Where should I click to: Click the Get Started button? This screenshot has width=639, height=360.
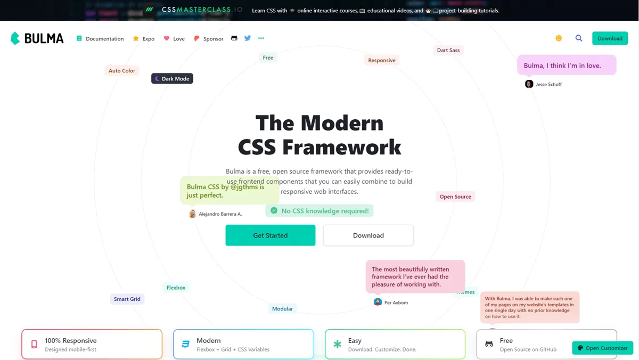pos(270,235)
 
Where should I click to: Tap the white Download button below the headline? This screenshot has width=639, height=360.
pos(368,235)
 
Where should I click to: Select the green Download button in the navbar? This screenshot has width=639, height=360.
pos(610,38)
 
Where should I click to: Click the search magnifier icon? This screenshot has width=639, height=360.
pos(578,38)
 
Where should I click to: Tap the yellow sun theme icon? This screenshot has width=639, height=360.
pos(559,38)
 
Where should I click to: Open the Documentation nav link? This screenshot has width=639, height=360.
pos(100,38)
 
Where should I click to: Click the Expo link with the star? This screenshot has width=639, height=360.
pos(144,38)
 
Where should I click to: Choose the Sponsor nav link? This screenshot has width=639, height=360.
pos(209,38)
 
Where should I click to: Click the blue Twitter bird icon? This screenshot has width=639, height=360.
pos(247,38)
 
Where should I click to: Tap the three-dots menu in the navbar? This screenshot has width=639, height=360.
pos(261,38)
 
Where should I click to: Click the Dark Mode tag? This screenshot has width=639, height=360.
pos(172,78)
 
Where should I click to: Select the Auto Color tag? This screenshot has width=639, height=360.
pos(122,70)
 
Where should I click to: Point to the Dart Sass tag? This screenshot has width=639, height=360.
pos(448,50)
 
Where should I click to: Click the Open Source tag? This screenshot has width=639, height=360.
pos(455,197)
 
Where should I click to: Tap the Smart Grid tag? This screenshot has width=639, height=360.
pos(127,299)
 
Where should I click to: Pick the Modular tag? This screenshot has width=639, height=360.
pos(282,309)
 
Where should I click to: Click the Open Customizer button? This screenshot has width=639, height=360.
pos(602,348)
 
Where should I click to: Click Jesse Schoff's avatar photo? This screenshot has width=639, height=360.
pos(529,84)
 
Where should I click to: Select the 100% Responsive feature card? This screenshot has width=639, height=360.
pos(92,344)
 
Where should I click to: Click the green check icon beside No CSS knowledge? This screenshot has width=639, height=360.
pos(274,210)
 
